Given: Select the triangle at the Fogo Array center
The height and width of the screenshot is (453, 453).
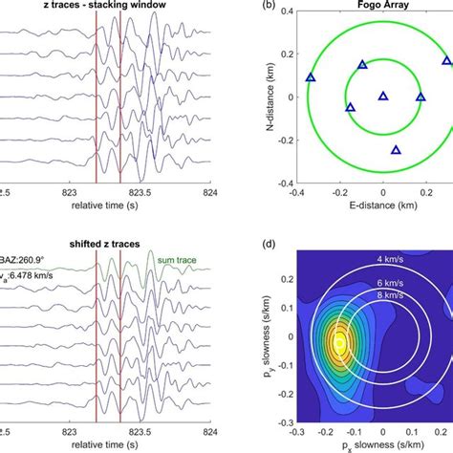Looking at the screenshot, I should (x=383, y=96).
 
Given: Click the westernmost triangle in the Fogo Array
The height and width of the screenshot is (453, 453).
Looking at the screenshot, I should (x=310, y=77).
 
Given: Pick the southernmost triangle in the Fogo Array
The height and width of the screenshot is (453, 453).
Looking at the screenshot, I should (x=397, y=150).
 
